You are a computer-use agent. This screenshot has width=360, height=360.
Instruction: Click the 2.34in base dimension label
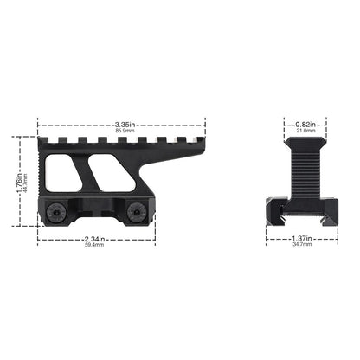94,239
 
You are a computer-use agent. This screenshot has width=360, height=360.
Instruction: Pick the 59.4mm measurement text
94,246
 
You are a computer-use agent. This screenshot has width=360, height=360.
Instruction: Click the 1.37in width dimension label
301,239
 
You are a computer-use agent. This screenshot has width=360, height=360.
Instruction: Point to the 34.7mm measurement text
301,246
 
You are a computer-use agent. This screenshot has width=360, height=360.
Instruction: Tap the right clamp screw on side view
136,209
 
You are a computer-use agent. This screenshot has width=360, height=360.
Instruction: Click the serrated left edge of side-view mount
41,169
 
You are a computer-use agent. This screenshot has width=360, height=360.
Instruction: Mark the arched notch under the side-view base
96,220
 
